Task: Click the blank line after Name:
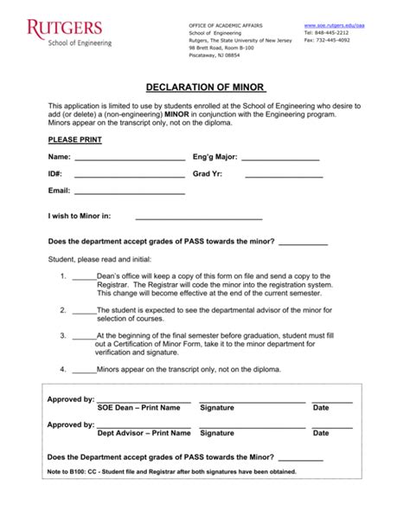coord(130,159)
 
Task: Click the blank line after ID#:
coord(130,176)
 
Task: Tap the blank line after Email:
coord(130,192)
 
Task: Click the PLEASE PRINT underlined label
coord(74,139)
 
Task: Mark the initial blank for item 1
coord(84,277)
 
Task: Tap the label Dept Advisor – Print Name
coord(144,433)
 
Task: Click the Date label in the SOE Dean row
coord(321,407)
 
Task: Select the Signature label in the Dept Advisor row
coord(222,433)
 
